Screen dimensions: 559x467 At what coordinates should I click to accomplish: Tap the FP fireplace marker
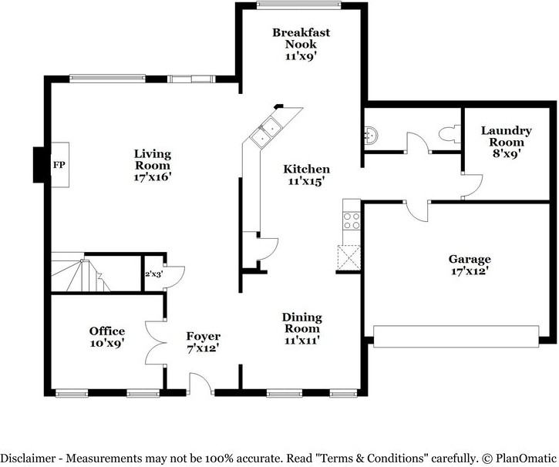coord(59,165)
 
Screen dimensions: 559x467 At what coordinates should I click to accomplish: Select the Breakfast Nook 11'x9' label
coord(301,44)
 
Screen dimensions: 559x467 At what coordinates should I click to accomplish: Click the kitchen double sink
coord(265,131)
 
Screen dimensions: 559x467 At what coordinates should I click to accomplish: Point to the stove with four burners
coord(351,220)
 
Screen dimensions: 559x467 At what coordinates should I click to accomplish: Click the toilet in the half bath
coord(450,134)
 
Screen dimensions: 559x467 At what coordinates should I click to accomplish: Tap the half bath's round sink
coord(370,135)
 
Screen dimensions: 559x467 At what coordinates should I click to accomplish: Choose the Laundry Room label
coord(507,142)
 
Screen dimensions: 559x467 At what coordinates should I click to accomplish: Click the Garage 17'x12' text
coord(469,264)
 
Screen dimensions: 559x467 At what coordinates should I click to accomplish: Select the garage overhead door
coord(456,336)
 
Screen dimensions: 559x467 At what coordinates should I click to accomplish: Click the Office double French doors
coord(156,343)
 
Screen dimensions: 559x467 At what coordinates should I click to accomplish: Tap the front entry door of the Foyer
coord(201,383)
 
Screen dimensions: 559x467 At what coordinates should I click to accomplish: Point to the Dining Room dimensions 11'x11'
coord(301,340)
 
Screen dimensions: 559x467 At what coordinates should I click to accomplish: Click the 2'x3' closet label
coord(153,274)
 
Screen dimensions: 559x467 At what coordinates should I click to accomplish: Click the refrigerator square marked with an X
coord(349,257)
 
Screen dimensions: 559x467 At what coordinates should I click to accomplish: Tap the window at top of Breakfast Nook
coord(298,5)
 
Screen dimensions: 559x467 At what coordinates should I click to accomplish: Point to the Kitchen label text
coord(307,169)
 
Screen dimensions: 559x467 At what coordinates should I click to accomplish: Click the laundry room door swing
coord(473,186)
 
